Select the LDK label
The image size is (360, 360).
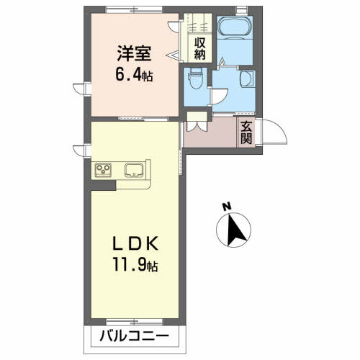point(132,242)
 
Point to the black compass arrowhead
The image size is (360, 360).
point(235,230)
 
